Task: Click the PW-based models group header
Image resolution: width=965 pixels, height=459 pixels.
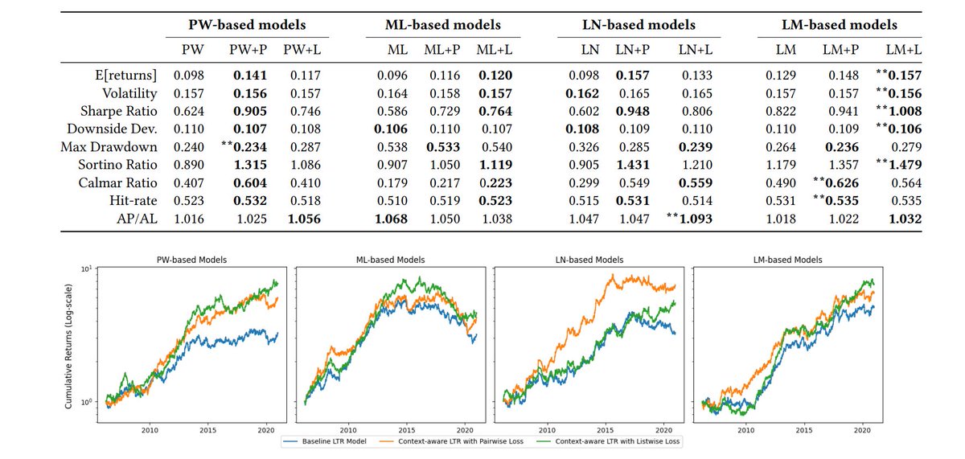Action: [x=247, y=25]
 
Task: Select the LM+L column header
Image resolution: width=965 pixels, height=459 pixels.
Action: [x=904, y=50]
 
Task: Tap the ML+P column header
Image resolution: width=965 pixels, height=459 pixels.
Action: [x=442, y=50]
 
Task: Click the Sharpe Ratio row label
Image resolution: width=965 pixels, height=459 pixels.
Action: [x=118, y=111]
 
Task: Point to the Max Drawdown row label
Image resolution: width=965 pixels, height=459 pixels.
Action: [x=109, y=147]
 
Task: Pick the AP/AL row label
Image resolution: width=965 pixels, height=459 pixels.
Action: [x=137, y=219]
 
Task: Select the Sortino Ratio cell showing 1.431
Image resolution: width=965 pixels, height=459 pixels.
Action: [x=632, y=165]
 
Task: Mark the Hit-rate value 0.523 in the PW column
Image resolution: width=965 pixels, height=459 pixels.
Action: [x=189, y=201]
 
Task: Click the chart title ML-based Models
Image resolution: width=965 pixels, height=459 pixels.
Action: [x=390, y=260]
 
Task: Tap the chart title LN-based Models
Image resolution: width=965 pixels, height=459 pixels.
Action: [x=589, y=260]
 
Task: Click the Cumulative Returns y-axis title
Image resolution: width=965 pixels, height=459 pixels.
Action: [x=68, y=346]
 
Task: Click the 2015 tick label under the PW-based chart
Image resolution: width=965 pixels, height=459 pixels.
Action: [x=208, y=430]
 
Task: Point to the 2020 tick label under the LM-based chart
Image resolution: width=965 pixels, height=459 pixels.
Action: [x=862, y=430]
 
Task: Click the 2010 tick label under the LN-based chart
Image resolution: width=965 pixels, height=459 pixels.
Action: [x=547, y=430]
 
